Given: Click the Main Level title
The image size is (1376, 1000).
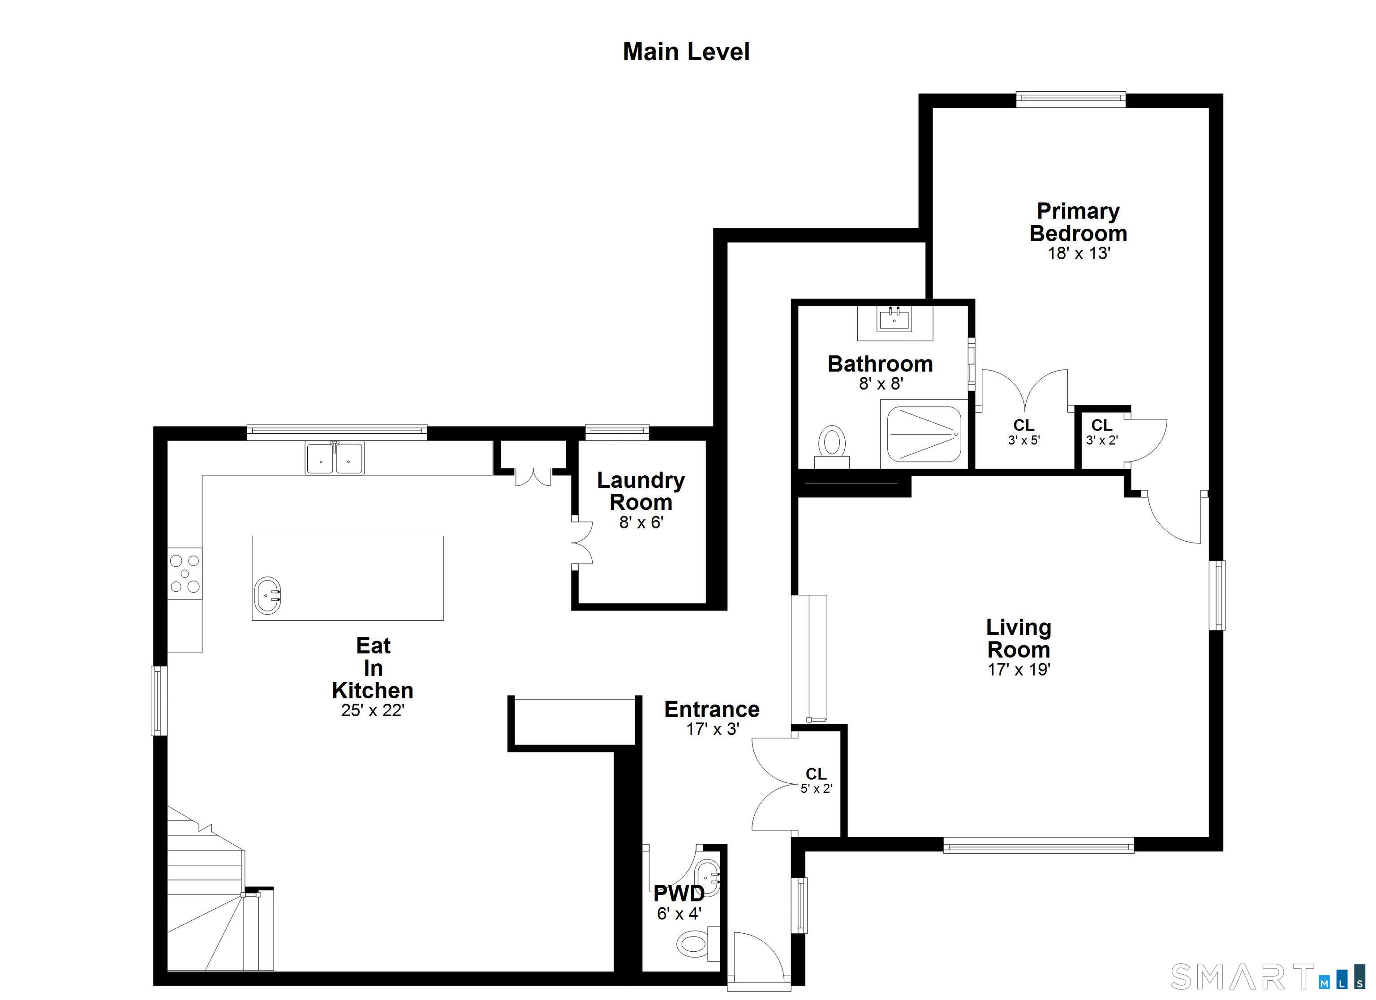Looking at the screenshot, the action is (686, 52).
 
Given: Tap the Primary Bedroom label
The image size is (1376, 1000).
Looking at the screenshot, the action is (1078, 222).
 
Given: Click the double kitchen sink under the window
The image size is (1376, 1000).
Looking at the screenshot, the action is (334, 458).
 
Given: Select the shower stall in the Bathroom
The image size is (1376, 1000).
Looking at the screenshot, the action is (924, 434).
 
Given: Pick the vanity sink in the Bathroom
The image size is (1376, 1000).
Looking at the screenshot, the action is (894, 320).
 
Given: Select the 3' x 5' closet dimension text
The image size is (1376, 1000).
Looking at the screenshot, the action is (1024, 440).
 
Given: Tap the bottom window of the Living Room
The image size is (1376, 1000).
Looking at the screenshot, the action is (1038, 845).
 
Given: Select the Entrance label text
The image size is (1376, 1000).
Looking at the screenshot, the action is (712, 709).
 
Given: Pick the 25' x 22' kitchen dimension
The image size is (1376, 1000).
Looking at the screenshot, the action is (373, 710).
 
